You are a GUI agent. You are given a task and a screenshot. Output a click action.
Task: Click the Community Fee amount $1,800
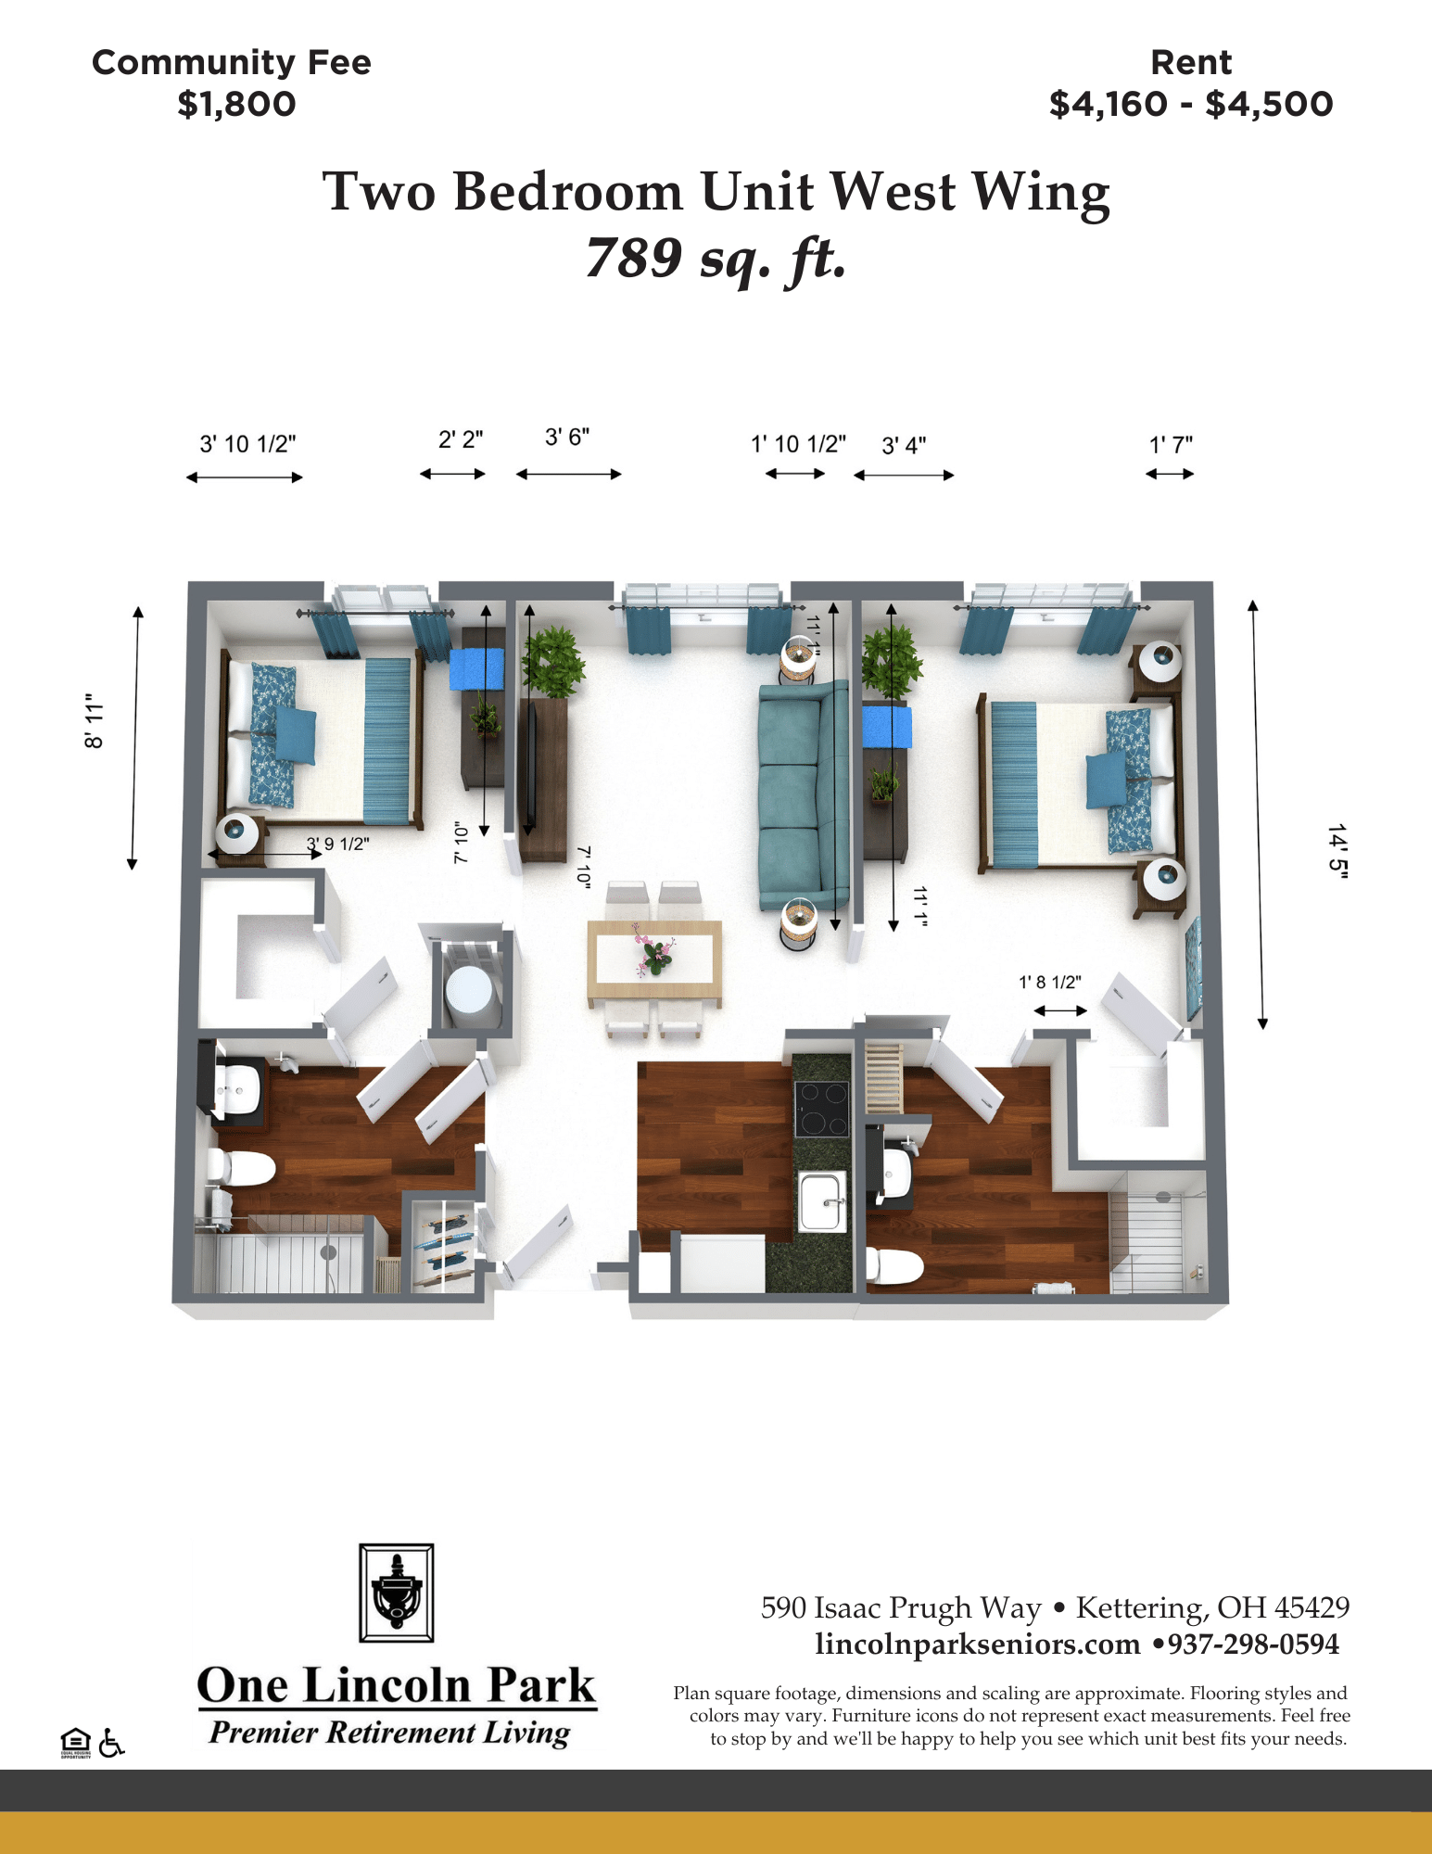tap(236, 104)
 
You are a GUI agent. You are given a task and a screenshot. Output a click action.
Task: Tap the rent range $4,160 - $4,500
tap(1191, 104)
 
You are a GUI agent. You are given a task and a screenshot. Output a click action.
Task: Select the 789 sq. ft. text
tap(716, 258)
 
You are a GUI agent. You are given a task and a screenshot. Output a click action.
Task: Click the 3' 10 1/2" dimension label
tap(247, 444)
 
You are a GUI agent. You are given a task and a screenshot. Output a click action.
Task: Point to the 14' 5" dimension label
tap(1337, 849)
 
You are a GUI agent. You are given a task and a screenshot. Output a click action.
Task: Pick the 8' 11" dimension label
tap(94, 720)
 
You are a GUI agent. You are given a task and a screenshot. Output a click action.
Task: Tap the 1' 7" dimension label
tap(1171, 445)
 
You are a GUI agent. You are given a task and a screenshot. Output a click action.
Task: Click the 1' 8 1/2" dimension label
tap(1050, 983)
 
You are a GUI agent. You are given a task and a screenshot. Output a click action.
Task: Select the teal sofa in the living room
tap(803, 794)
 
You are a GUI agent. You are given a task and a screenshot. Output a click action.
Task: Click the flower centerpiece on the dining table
tap(654, 951)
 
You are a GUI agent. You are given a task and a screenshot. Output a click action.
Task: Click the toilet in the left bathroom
tap(241, 1168)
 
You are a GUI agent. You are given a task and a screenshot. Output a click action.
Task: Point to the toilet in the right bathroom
tap(893, 1265)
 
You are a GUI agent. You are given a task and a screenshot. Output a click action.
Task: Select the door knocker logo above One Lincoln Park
tap(397, 1593)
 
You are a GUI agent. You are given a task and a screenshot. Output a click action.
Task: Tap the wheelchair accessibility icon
tap(111, 1743)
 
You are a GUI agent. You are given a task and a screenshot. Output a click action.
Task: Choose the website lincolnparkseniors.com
tap(978, 1644)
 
